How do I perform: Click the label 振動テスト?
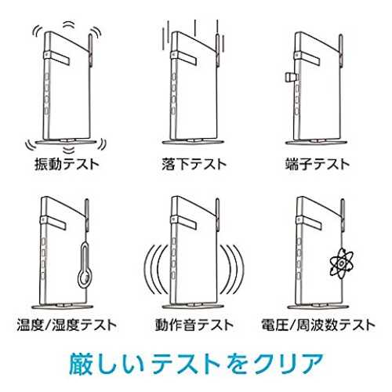tap(67, 165)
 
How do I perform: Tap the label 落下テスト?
tap(194, 165)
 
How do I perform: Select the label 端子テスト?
tap(318, 165)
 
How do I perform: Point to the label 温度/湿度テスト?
tap(67, 325)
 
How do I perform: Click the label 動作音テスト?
tap(194, 325)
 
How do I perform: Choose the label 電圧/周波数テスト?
tap(318, 325)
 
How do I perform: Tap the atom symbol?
tap(342, 263)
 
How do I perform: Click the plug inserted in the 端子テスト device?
tap(291, 78)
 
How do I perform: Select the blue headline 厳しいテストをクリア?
tap(196, 364)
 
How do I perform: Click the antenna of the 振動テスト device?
tap(90, 49)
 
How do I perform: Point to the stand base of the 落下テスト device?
tap(194, 142)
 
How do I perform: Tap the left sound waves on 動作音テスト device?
tap(155, 269)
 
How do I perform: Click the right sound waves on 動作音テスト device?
tap(233, 269)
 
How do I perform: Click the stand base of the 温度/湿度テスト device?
tap(63, 307)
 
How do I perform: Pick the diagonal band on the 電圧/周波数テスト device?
tap(310, 222)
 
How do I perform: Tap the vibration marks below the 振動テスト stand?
tap(69, 150)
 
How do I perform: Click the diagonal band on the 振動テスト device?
tap(56, 58)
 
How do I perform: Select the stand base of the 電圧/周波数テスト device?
tap(318, 307)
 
